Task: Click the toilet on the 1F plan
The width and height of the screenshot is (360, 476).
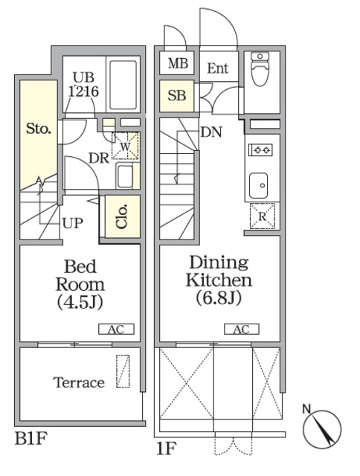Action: click(260, 69)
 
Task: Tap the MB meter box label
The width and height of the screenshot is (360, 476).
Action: click(179, 63)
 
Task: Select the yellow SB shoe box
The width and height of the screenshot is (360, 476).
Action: click(177, 96)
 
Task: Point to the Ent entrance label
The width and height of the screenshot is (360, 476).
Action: click(218, 68)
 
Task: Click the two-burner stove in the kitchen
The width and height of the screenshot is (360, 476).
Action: click(261, 149)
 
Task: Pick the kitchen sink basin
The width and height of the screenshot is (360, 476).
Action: click(258, 185)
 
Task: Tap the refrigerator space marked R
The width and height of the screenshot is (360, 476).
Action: click(263, 216)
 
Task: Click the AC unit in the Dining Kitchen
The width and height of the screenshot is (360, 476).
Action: click(242, 329)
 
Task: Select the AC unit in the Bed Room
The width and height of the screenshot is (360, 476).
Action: click(116, 329)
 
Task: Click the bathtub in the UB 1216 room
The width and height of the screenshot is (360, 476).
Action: click(123, 85)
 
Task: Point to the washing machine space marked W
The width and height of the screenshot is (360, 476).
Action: click(126, 146)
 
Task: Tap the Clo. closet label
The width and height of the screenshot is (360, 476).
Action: click(121, 216)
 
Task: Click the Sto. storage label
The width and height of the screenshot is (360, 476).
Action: click(38, 129)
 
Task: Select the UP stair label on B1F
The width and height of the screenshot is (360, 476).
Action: click(73, 223)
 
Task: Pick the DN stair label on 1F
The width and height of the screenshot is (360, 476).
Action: click(211, 132)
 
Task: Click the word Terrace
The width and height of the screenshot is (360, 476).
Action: click(79, 382)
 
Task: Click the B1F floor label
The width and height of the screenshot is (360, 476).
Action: click(31, 438)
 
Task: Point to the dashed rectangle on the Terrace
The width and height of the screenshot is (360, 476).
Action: click(123, 371)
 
